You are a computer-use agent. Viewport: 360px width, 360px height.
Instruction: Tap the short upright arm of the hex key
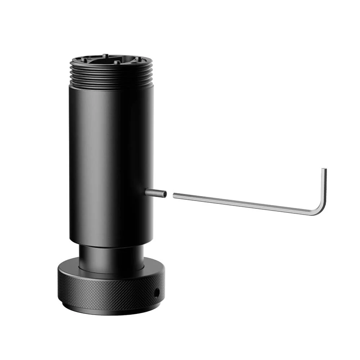324,187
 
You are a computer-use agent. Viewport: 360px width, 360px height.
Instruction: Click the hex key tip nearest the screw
174,195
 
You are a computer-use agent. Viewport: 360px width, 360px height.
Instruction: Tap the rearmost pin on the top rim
105,55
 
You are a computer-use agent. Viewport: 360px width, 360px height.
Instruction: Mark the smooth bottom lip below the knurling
108,310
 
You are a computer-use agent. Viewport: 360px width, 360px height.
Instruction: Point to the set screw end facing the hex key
165,194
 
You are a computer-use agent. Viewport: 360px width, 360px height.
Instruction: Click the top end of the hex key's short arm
324,170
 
